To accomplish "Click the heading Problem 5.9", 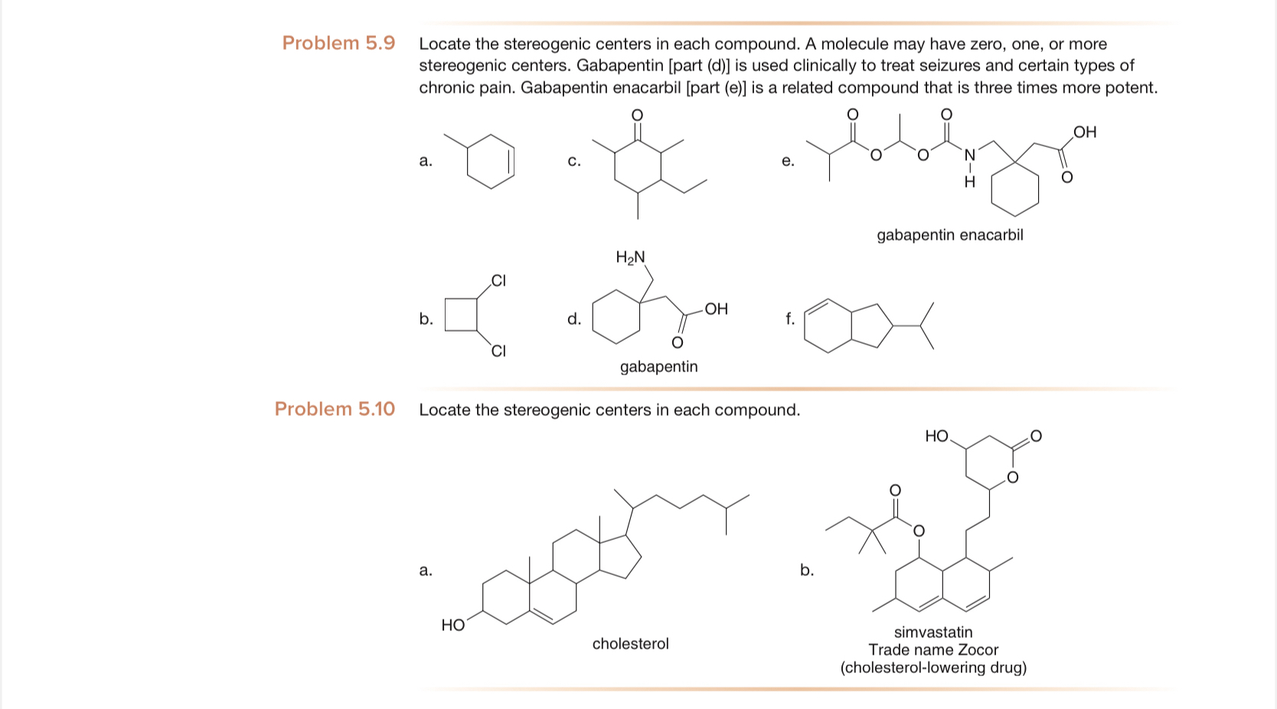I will click(338, 43).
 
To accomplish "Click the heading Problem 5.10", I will click(335, 409).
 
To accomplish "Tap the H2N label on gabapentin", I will click(630, 257).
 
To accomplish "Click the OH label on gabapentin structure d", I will click(716, 309).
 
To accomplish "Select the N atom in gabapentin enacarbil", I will click(969, 155).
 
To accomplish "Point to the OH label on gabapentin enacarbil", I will click(1085, 132).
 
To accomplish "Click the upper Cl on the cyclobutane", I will click(498, 280).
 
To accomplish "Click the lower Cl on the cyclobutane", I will click(498, 351).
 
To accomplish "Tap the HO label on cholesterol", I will click(453, 626).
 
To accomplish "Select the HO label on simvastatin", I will click(936, 436).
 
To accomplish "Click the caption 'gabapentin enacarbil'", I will click(949, 235).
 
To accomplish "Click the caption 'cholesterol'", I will click(630, 644).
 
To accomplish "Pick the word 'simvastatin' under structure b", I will click(933, 632).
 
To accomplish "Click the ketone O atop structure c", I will click(637, 114).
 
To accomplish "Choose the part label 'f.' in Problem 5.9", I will click(789, 319).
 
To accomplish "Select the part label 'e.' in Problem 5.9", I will click(788, 161).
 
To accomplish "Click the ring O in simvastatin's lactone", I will click(1012, 478).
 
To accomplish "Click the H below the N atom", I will click(969, 182).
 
